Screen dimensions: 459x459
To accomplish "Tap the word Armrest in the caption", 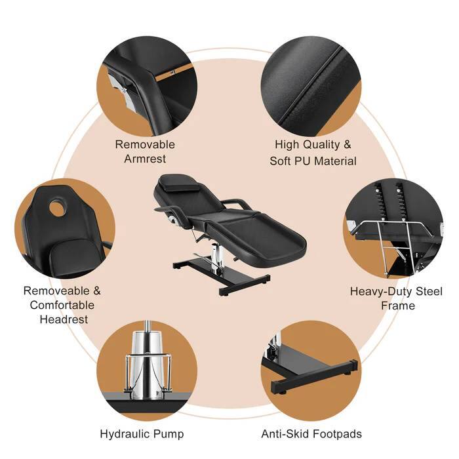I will pos(145,159).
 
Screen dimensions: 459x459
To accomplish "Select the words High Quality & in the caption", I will pos(312,144).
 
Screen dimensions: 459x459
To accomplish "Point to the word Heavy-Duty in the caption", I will pos(378,292).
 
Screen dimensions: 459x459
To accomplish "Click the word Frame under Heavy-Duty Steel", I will pos(399,306).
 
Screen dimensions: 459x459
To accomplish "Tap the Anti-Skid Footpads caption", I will pos(311,433).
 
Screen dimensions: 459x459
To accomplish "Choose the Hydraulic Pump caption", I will pos(142,433).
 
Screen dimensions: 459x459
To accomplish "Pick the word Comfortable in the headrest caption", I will pos(62,305).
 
